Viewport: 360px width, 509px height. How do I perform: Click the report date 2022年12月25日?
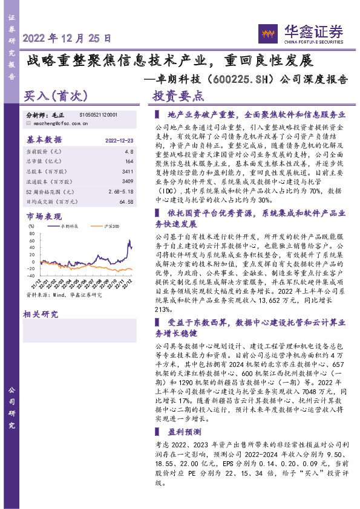click(67, 37)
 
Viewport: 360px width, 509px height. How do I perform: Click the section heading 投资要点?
click(178, 96)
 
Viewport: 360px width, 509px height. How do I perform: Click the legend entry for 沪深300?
click(111, 225)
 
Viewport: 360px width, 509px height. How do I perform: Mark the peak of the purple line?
click(129, 240)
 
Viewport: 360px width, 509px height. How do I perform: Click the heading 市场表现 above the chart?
click(44, 216)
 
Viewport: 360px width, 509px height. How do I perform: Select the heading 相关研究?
click(41, 314)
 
